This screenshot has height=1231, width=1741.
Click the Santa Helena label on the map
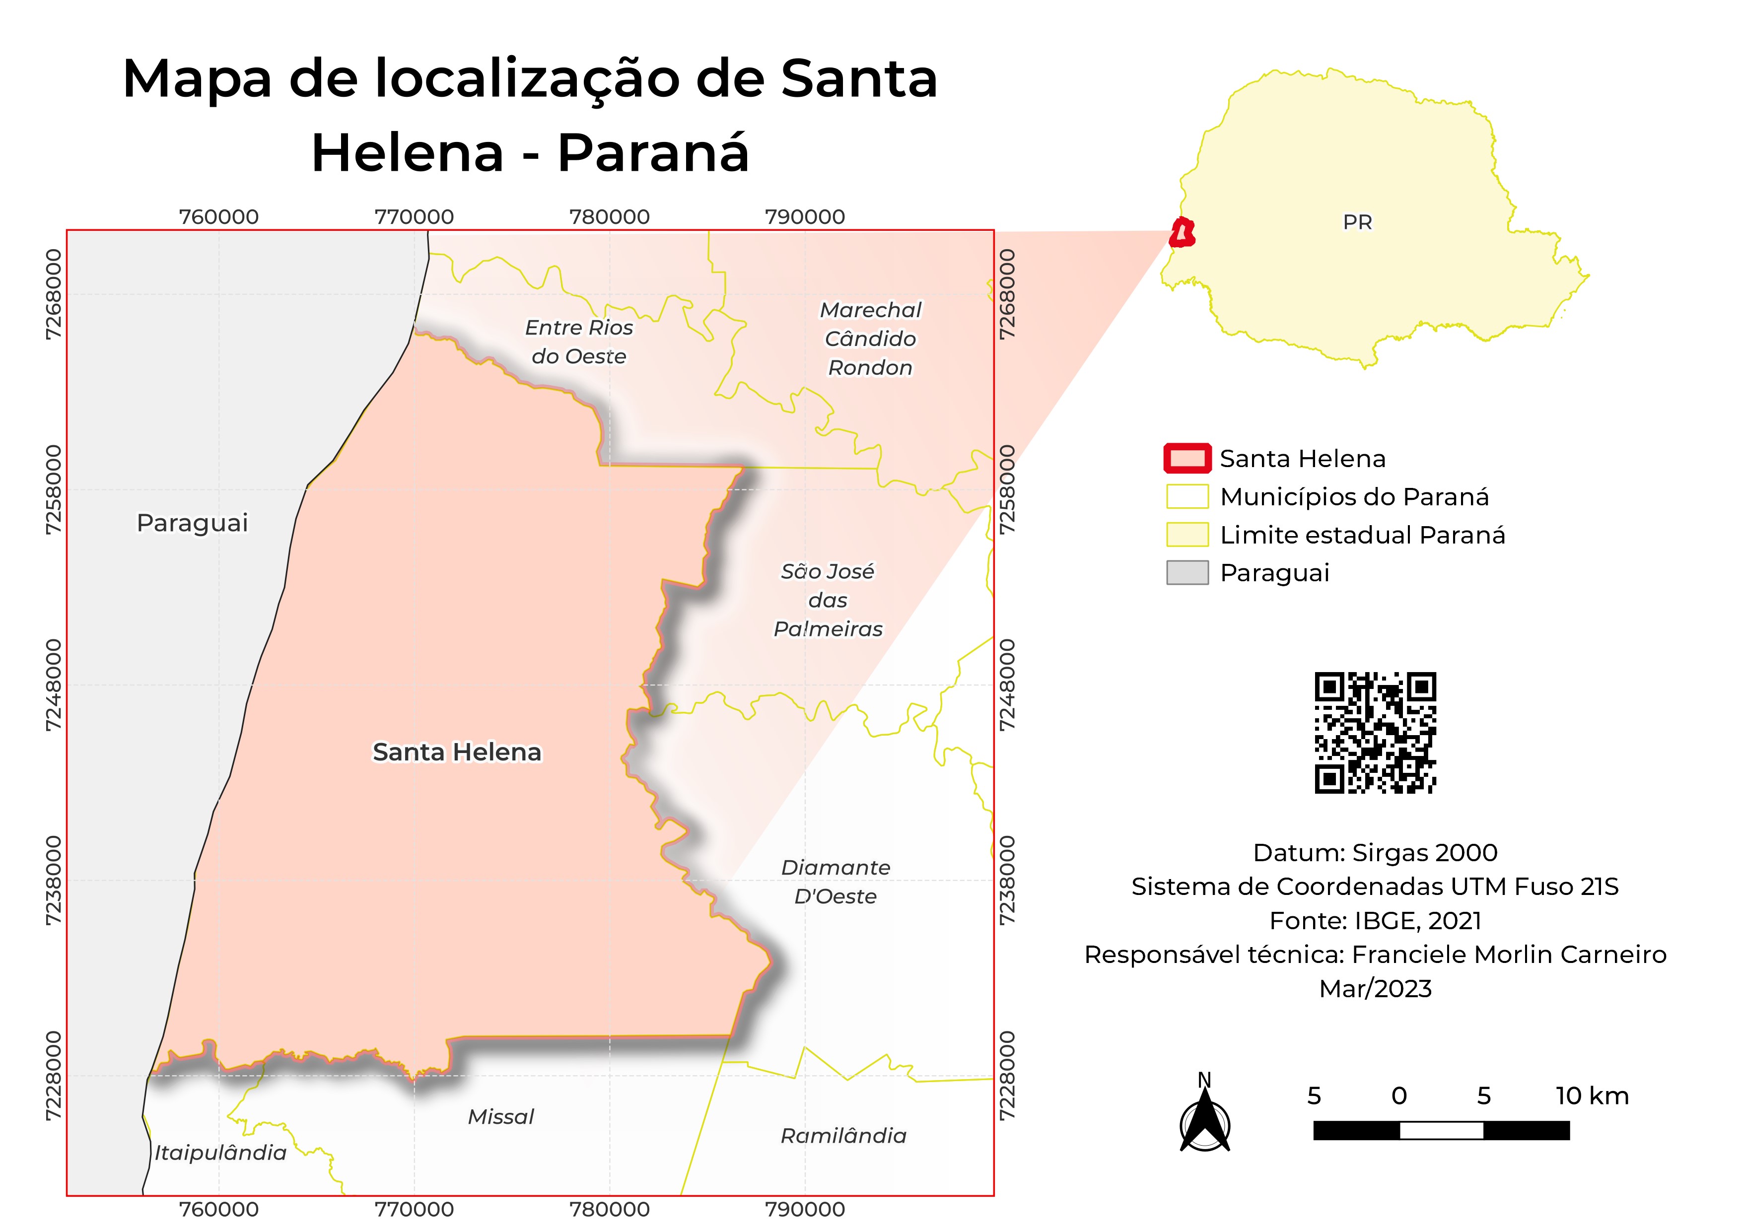click(x=457, y=752)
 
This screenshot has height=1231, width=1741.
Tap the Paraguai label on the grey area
click(x=193, y=523)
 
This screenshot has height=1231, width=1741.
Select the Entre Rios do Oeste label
click(x=578, y=342)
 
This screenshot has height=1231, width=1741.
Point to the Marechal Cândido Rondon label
click(x=871, y=339)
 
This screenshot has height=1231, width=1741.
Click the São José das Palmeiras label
click(x=828, y=600)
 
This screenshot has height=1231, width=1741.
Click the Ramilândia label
click(x=843, y=1136)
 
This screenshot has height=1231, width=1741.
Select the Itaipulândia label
click(x=220, y=1153)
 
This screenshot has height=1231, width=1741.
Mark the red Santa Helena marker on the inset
click(x=1182, y=233)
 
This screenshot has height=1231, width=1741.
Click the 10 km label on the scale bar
click(x=1592, y=1096)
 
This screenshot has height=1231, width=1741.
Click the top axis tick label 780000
click(x=610, y=217)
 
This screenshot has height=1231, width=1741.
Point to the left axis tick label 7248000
click(x=53, y=685)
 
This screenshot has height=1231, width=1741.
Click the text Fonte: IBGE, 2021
click(x=1375, y=920)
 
